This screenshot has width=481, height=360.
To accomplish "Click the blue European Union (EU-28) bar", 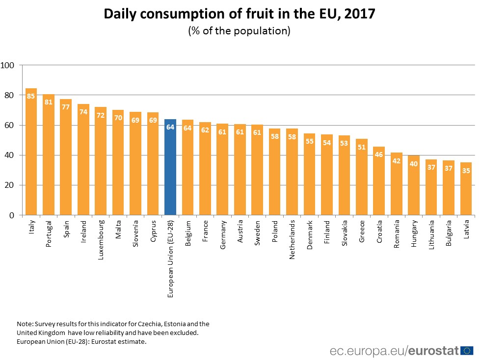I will pyautogui.click(x=170, y=167).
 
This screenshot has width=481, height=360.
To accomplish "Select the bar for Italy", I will pyautogui.click(x=31, y=152).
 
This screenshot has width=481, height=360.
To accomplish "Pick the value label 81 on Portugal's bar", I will pyautogui.click(x=49, y=103).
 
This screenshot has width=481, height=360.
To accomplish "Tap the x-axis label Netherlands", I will pyautogui.click(x=293, y=238).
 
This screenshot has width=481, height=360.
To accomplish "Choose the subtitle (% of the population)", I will pyautogui.click(x=240, y=31).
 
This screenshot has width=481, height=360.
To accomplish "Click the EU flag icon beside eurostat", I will pyautogui.click(x=467, y=350).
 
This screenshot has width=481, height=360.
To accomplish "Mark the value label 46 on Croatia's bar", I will pyautogui.click(x=379, y=154).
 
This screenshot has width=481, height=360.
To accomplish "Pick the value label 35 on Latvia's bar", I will pyautogui.click(x=466, y=171).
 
